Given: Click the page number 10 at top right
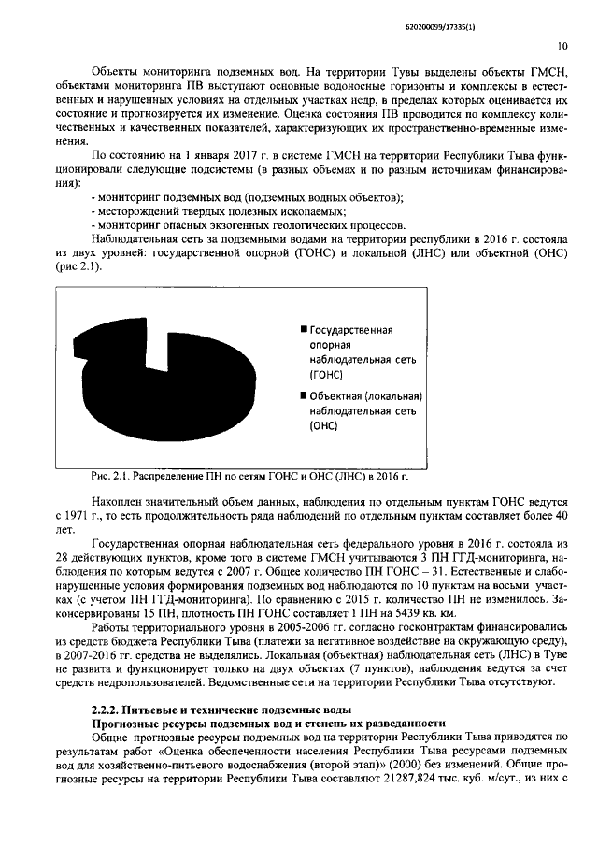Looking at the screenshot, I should pos(562,44).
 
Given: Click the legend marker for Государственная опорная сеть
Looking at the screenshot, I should pos(304,330).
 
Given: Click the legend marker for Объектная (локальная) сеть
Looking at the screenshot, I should pos(304,395).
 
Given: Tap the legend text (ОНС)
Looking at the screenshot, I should pos(324,425).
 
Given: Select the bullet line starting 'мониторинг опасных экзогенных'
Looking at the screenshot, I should pos(249,225).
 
